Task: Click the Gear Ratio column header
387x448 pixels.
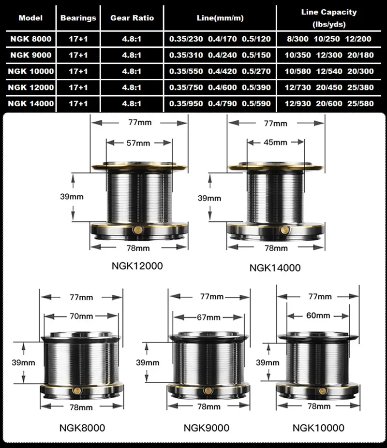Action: coord(132,18)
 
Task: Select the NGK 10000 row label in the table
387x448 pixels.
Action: coord(31,71)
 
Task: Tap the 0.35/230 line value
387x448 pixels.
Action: coord(186,39)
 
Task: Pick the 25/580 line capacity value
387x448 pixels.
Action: coord(360,103)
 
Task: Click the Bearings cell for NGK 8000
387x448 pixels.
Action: coord(78,39)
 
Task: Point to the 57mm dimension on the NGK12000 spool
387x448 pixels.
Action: coord(138,143)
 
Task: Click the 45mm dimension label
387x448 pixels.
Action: coord(275,142)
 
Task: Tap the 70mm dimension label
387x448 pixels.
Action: coord(82,316)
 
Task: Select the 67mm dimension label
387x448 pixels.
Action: coord(208,317)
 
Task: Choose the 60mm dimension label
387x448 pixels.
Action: coord(318,316)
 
